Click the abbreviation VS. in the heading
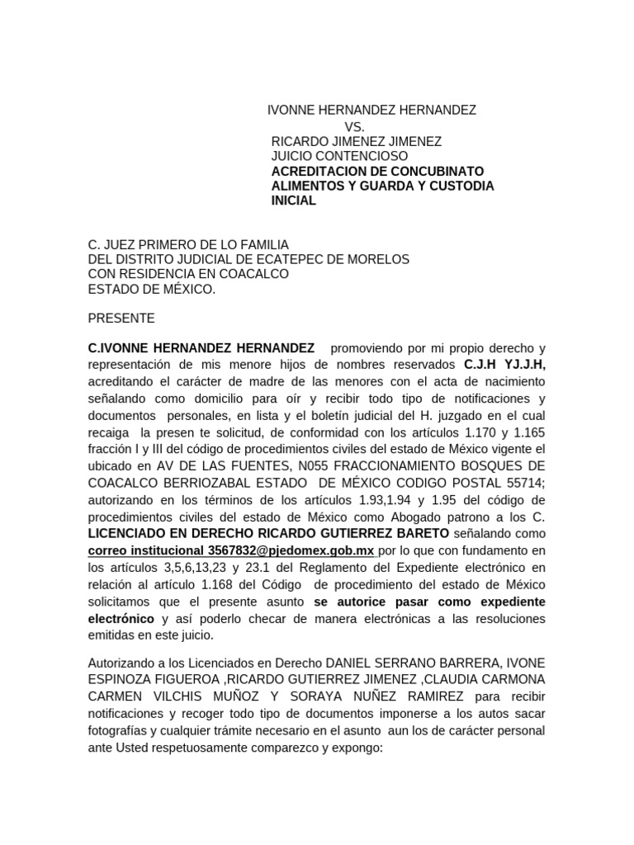(x=354, y=126)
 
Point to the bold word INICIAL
(x=293, y=201)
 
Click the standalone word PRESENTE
(x=121, y=319)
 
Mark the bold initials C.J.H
(x=482, y=364)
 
